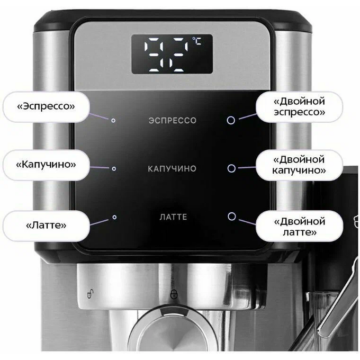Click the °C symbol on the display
pyautogui.click(x=197, y=41)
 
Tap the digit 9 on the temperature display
pyautogui.click(x=154, y=54)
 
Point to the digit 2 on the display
pyautogui.click(x=178, y=54)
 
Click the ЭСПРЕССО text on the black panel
pyautogui.click(x=173, y=121)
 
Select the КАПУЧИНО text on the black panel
pyautogui.click(x=172, y=169)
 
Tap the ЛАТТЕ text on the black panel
pyautogui.click(x=173, y=217)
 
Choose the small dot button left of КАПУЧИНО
pyautogui.click(x=114, y=169)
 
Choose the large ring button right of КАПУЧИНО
pyautogui.click(x=231, y=168)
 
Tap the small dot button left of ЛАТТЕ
pyautogui.click(x=114, y=217)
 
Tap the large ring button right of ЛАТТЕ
pyautogui.click(x=232, y=217)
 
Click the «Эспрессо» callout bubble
pyautogui.click(x=46, y=106)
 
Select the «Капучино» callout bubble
pyautogui.click(x=46, y=165)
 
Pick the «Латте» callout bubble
pyautogui.click(x=46, y=226)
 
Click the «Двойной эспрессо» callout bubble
pyautogui.click(x=299, y=106)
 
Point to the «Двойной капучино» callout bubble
pyautogui.click(x=299, y=165)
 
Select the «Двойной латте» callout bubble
pyautogui.click(x=300, y=226)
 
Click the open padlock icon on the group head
pyautogui.click(x=90, y=293)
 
